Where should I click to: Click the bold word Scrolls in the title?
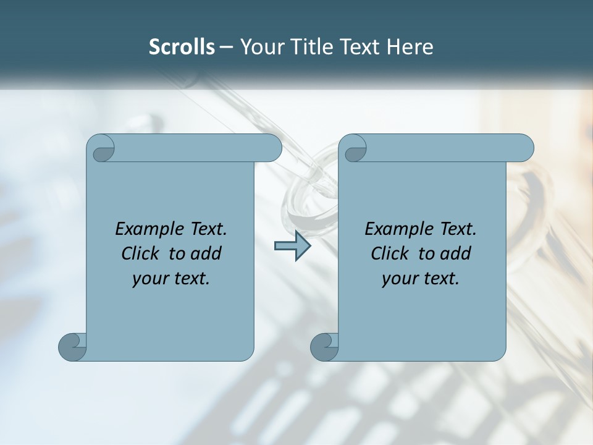182,47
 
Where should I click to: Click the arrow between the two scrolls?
292,246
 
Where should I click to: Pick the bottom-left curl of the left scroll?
72,347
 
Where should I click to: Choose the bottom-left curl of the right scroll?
324,347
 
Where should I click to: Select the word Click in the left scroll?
141,253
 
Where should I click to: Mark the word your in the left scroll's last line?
149,279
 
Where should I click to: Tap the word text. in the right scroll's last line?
441,279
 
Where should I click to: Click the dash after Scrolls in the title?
227,48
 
